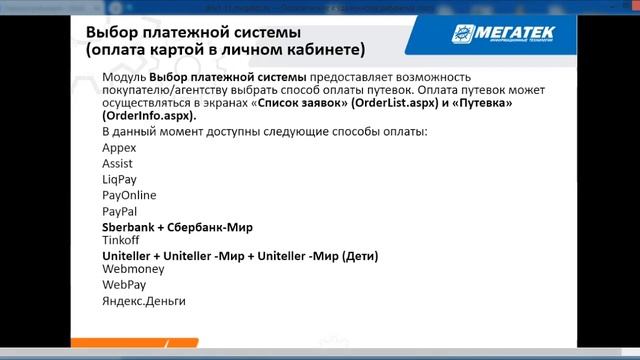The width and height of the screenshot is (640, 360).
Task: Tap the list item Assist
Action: (117, 163)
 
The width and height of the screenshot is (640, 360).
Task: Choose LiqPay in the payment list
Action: (120, 179)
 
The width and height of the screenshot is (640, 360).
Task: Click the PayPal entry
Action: (119, 211)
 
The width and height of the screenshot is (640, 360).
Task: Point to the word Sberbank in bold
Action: (131, 227)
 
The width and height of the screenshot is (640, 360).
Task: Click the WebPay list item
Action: (123, 285)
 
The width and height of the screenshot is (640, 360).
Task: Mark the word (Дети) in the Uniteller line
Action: (360, 256)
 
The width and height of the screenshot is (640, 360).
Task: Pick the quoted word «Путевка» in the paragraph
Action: (483, 103)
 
